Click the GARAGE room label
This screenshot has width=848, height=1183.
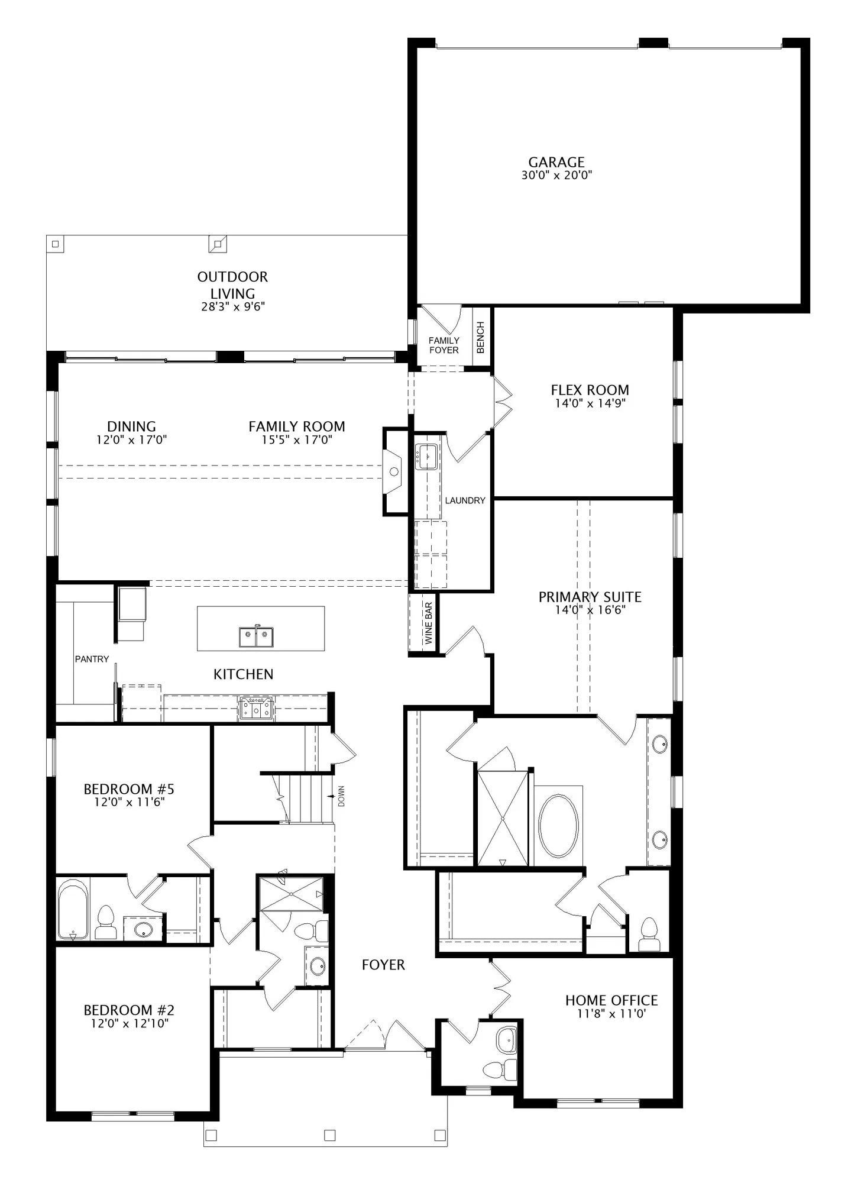click(556, 161)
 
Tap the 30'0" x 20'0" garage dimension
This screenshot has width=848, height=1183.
click(556, 175)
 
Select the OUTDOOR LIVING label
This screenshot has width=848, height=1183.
click(232, 285)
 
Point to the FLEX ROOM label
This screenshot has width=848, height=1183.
click(590, 390)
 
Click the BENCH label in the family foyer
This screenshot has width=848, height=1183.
click(481, 337)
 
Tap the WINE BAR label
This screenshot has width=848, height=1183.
click(429, 623)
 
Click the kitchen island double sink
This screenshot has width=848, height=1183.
click(257, 637)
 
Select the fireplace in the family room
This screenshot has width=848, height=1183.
click(394, 471)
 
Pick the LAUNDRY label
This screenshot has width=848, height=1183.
click(465, 500)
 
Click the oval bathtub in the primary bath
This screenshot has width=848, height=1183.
click(558, 826)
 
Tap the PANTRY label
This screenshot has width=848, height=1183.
click(92, 659)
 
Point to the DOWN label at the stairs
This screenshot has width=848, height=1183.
click(341, 796)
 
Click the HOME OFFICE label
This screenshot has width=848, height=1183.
click(611, 1000)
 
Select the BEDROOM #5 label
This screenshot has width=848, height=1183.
click(129, 789)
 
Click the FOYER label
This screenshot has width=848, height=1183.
click(383, 965)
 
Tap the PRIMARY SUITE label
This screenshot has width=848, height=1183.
click(590, 597)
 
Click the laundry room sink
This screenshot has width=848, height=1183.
click(426, 456)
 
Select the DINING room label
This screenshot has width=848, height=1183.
click(131, 426)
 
